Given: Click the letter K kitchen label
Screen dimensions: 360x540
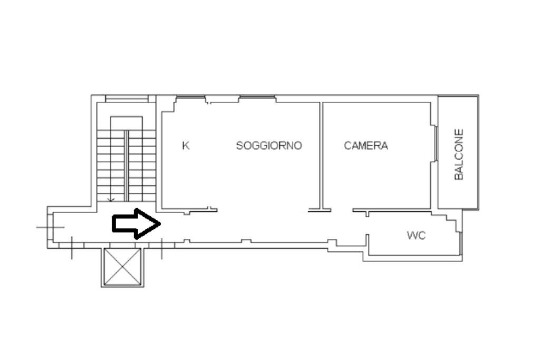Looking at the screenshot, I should [186, 145].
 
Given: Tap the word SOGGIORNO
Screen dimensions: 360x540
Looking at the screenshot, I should [269, 145].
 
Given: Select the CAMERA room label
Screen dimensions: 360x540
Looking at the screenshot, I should [366, 145].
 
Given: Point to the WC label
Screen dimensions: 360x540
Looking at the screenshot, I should [416, 236].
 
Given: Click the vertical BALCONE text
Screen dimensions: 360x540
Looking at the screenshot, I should [459, 154].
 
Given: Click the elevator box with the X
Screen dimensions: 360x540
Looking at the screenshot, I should [122, 267].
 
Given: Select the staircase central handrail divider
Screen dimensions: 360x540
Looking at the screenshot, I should [127, 165].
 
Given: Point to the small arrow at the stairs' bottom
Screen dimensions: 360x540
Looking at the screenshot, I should [111, 199].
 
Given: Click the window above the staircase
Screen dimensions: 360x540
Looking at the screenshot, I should [127, 98].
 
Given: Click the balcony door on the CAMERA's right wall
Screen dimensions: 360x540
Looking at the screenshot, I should [436, 143].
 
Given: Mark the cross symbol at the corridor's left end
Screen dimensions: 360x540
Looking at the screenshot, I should [51, 227].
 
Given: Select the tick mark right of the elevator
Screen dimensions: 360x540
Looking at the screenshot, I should [161, 248].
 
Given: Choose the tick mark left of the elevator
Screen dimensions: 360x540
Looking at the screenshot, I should [72, 248].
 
